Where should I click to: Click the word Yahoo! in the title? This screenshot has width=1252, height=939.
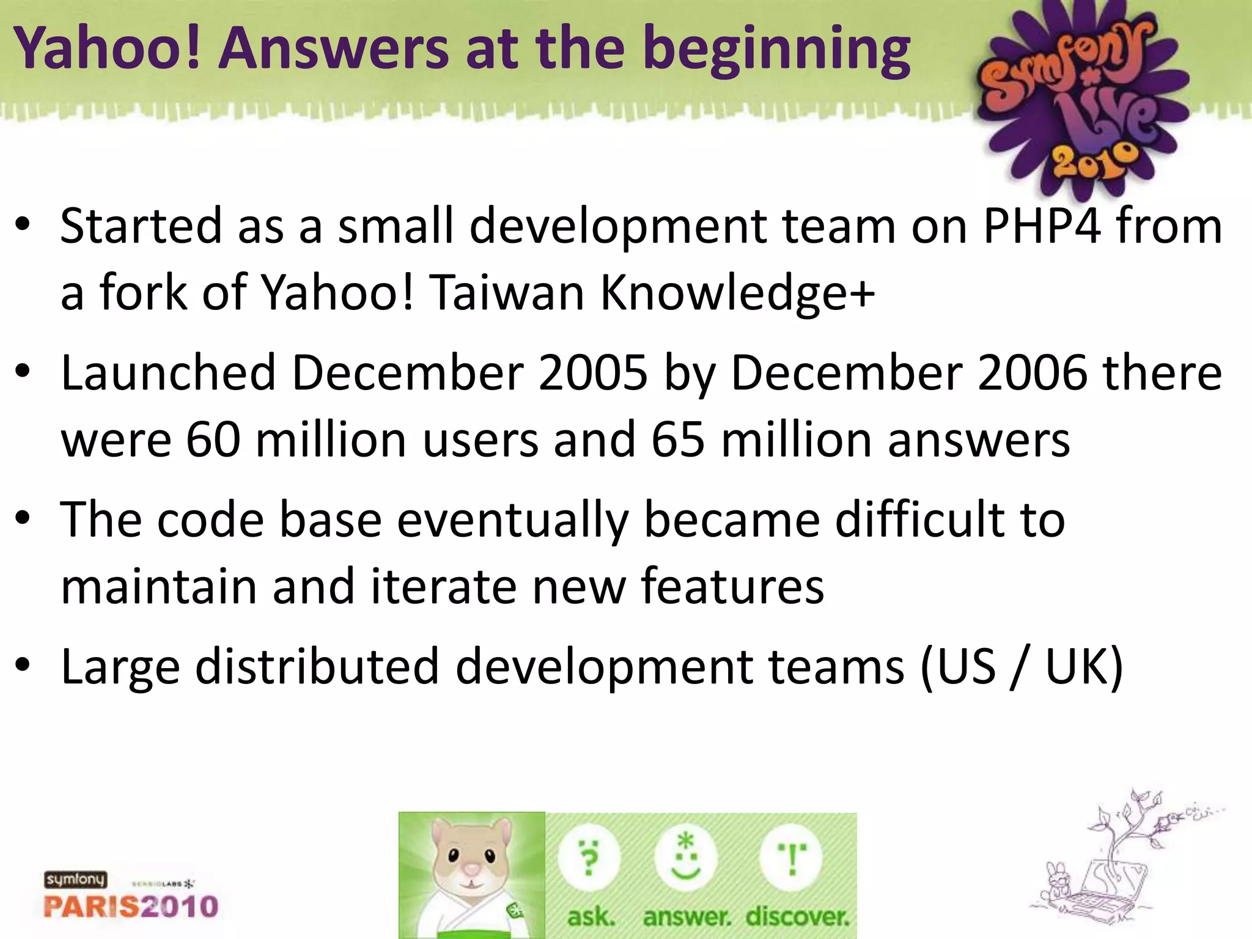[x=108, y=49]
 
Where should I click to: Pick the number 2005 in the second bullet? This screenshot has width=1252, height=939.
[x=593, y=373]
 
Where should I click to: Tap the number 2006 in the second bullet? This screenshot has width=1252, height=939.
[x=1033, y=373]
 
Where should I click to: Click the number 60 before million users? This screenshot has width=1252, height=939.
[x=213, y=440]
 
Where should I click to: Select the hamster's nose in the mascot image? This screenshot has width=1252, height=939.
[x=471, y=869]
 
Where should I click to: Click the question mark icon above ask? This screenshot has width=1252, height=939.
[x=589, y=859]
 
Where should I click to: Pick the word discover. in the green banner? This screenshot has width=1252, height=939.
[x=797, y=916]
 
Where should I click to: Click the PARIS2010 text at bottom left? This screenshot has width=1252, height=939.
[x=131, y=906]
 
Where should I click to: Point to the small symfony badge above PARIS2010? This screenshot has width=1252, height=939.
[x=75, y=880]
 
